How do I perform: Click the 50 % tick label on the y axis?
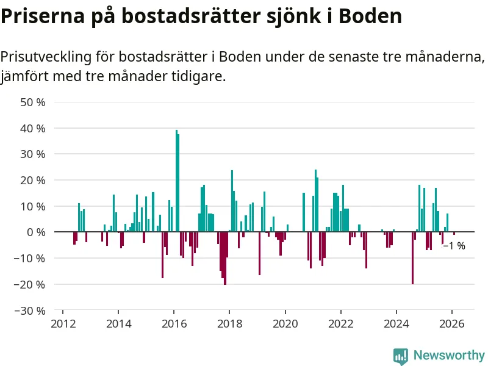(x=33, y=102)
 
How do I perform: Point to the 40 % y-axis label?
(x=33, y=129)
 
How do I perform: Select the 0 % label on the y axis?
(x=35, y=232)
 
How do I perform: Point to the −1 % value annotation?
(x=454, y=246)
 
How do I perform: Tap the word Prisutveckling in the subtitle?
(x=46, y=57)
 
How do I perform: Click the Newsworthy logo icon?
(x=401, y=356)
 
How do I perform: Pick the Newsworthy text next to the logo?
(x=449, y=356)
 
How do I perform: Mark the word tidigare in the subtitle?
(x=198, y=77)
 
